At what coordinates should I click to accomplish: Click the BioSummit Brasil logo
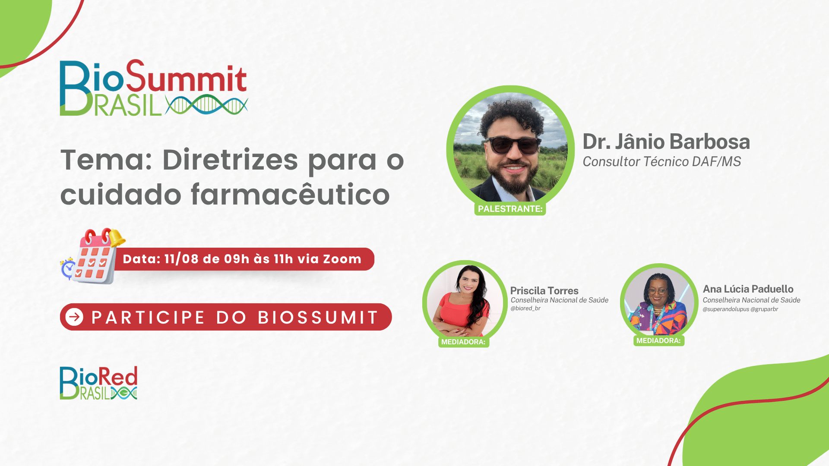pos(154,88)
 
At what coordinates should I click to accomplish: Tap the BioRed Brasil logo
pos(98,383)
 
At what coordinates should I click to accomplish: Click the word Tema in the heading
pos(106,160)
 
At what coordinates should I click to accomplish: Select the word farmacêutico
pos(290,194)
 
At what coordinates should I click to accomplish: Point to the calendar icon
pos(93,256)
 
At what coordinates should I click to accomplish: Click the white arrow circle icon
pos(74,317)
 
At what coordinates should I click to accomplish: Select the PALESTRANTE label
pos(510,209)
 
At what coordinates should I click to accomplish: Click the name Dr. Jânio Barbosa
pos(666,142)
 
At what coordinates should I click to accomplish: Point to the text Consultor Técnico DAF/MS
pos(661,161)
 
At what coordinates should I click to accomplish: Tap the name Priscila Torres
pos(544,290)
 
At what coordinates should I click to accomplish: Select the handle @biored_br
pos(525,308)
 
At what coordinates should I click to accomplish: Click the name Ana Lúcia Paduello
pos(748,289)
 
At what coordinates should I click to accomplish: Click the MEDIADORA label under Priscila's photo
pos(463,342)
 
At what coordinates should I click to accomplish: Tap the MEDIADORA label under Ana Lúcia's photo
pos(658,340)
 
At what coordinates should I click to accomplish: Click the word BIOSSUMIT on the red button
pos(318,318)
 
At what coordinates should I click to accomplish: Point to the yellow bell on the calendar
pos(116,237)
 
